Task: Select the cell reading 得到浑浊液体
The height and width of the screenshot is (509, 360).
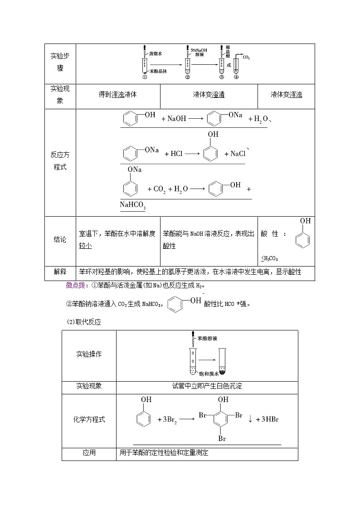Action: pyautogui.click(x=118, y=95)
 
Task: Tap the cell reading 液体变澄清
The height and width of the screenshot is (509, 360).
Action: pyautogui.click(x=209, y=95)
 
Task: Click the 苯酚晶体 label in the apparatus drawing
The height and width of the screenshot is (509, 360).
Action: pyautogui.click(x=158, y=71)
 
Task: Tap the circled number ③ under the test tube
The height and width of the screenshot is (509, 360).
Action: pyautogui.click(x=221, y=77)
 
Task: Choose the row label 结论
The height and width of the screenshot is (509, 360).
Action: pyautogui.click(x=60, y=240)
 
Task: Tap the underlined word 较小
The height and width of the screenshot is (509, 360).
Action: pyautogui.click(x=85, y=246)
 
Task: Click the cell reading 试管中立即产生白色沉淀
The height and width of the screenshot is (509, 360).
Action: pyautogui.click(x=207, y=387)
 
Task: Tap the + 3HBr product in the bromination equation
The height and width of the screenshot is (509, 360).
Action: pyautogui.click(x=268, y=420)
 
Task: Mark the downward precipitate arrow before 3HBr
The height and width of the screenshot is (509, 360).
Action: pyautogui.click(x=250, y=420)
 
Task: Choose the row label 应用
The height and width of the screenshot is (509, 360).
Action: pyautogui.click(x=89, y=453)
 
